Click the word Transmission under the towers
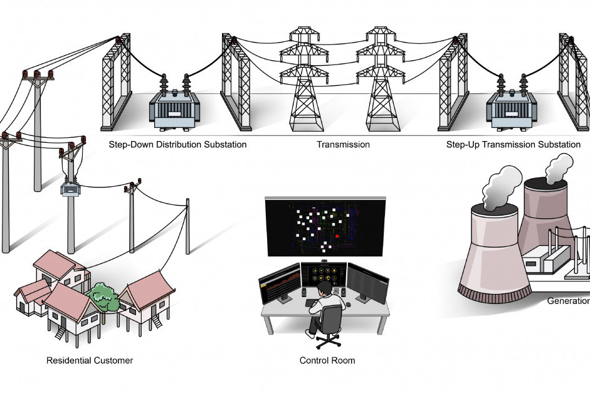pos(343,145)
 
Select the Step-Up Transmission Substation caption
pos(513,145)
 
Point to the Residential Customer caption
pos(90,360)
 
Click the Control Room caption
pos(327,360)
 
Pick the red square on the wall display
pos(337,236)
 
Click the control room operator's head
pos(324,289)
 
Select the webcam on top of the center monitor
pos(324,260)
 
